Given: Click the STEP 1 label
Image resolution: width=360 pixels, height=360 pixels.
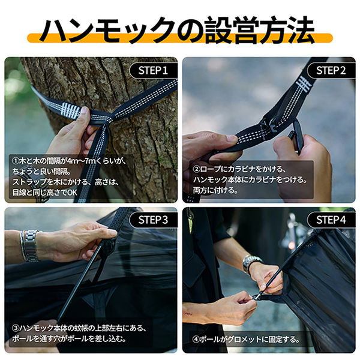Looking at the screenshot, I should (153, 70).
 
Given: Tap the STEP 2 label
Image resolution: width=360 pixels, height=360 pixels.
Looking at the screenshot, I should (331, 70).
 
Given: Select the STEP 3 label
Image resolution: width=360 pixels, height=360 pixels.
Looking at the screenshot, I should (153, 220).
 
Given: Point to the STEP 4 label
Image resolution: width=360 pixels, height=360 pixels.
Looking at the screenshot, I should (331, 220).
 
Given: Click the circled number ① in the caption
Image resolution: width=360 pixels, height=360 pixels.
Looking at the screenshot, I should (16, 161).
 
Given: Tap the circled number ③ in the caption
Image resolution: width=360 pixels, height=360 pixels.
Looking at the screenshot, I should (16, 328).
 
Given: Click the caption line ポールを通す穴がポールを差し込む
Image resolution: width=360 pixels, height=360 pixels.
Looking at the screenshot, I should (68, 338).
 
